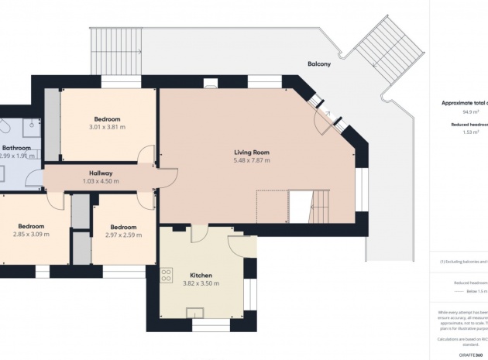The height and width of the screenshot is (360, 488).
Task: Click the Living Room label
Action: click(x=252, y=153)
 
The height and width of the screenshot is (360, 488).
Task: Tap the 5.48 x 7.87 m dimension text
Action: click(x=252, y=161)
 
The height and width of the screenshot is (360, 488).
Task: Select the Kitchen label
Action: click(x=201, y=275)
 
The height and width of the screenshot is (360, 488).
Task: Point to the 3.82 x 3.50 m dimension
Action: click(x=201, y=283)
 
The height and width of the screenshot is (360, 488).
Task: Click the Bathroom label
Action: click(x=15, y=147)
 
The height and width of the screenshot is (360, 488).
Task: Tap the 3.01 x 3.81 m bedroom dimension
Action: click(x=107, y=127)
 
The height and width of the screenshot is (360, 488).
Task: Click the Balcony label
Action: click(x=318, y=64)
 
